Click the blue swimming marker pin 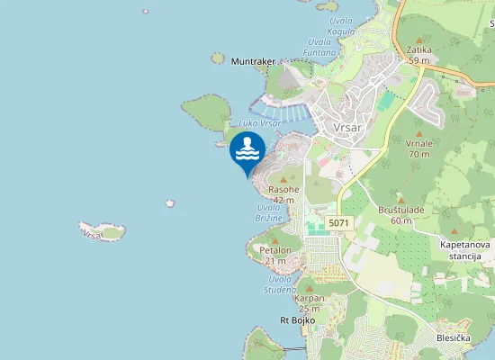[x=247, y=151]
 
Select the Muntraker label [x=252, y=61]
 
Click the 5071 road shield [x=338, y=222]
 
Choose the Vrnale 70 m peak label [x=418, y=148]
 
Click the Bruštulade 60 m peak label [x=400, y=214]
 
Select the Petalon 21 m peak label [x=274, y=255]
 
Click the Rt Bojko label [x=295, y=320]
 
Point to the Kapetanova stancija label [x=463, y=249]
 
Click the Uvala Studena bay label [x=280, y=284]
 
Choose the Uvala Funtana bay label [x=321, y=47]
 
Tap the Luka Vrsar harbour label [x=261, y=122]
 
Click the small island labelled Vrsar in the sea [x=101, y=231]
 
